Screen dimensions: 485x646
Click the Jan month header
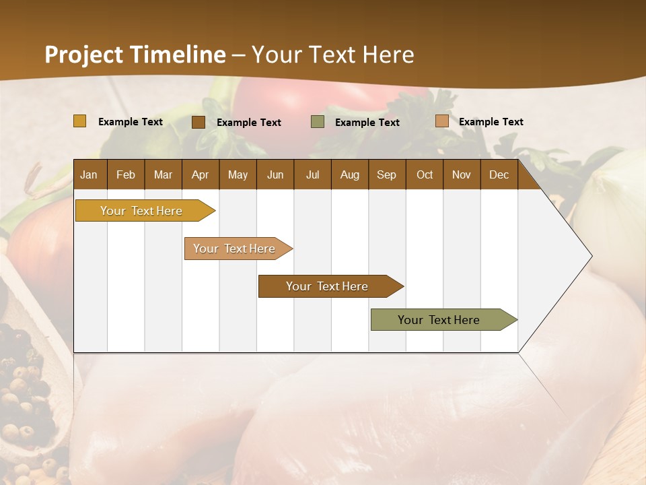click(89, 174)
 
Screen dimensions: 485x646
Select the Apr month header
click(200, 174)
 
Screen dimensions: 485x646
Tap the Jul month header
click(312, 174)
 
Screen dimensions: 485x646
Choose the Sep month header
click(386, 174)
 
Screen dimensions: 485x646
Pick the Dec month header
click(499, 174)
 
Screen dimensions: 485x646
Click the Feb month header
click(126, 174)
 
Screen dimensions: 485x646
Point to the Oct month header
click(425, 174)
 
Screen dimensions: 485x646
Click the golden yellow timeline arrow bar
click(141, 211)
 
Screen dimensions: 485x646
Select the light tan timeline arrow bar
click(234, 249)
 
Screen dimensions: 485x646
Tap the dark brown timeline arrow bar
click(327, 286)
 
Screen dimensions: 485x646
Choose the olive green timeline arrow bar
click(439, 320)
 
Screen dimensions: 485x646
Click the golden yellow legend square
click(80, 121)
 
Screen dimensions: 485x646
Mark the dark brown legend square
click(199, 122)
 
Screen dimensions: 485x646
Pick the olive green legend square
click(318, 122)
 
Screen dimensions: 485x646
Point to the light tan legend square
click(441, 121)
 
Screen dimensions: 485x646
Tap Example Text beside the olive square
click(367, 122)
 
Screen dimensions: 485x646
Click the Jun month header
click(275, 174)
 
